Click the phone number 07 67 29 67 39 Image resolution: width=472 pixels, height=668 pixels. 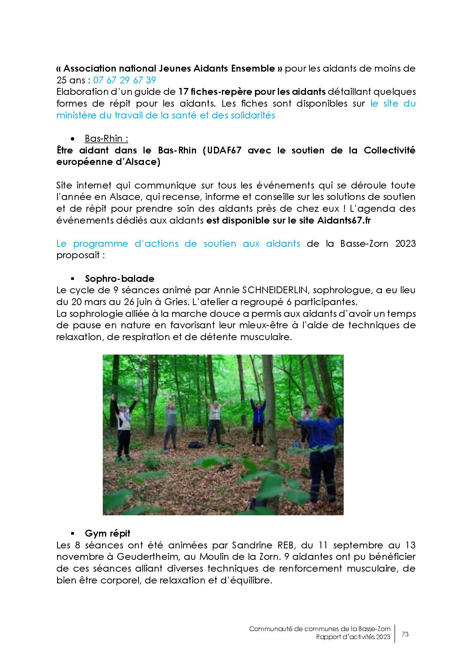pos(124,80)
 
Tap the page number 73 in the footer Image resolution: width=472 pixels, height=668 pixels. pos(405,634)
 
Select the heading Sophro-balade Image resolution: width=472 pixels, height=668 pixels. pos(120,278)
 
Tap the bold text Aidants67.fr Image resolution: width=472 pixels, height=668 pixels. pos(344,221)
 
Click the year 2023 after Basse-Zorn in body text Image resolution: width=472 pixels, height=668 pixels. pos(405,243)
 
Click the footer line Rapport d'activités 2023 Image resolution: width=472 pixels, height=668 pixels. pos(353,638)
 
